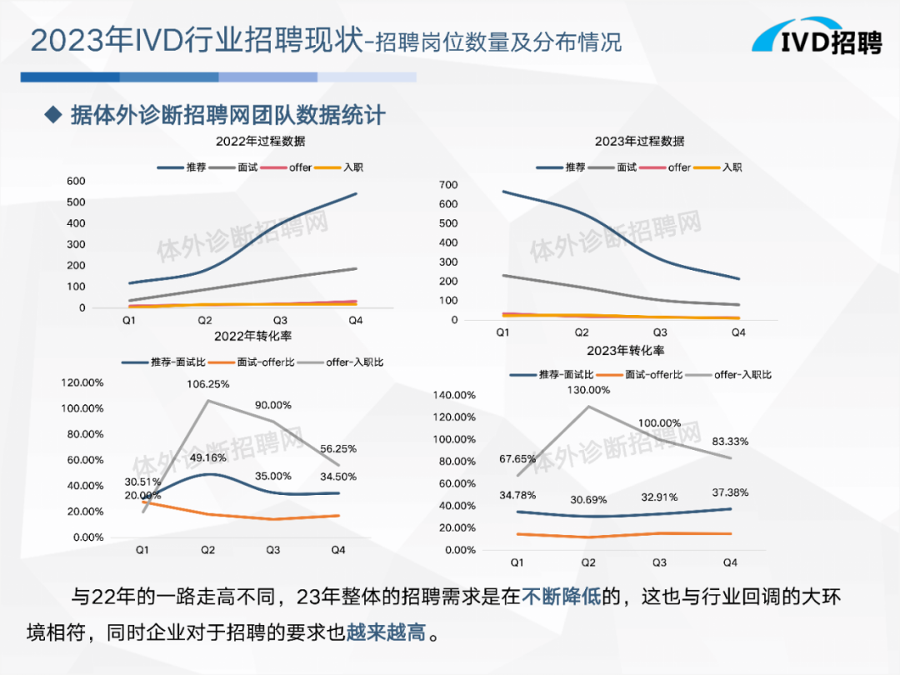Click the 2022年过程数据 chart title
[x=260, y=141]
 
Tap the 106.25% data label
[x=208, y=384]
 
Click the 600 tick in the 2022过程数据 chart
[x=77, y=181]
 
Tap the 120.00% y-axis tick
[x=81, y=382]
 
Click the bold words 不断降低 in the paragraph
[x=562, y=597]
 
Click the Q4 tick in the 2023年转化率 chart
[x=730, y=563]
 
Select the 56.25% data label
[x=338, y=448]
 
